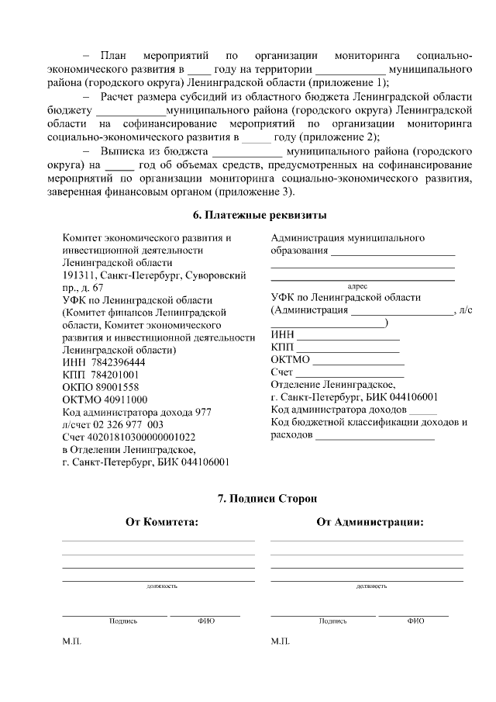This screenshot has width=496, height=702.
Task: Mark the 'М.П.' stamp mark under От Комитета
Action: (x=71, y=642)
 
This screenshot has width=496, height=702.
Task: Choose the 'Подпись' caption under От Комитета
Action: (x=123, y=621)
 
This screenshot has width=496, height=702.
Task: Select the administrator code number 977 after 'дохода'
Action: (x=202, y=412)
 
